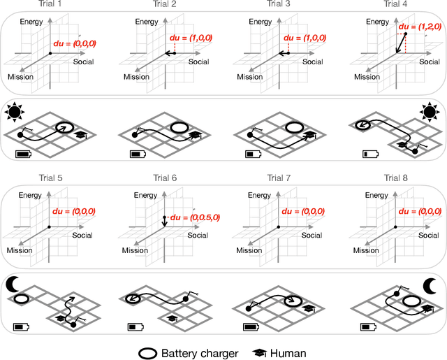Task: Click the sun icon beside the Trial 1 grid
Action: click(15, 111)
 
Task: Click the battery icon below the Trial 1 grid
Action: click(23, 152)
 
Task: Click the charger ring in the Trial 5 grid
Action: click(22, 298)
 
